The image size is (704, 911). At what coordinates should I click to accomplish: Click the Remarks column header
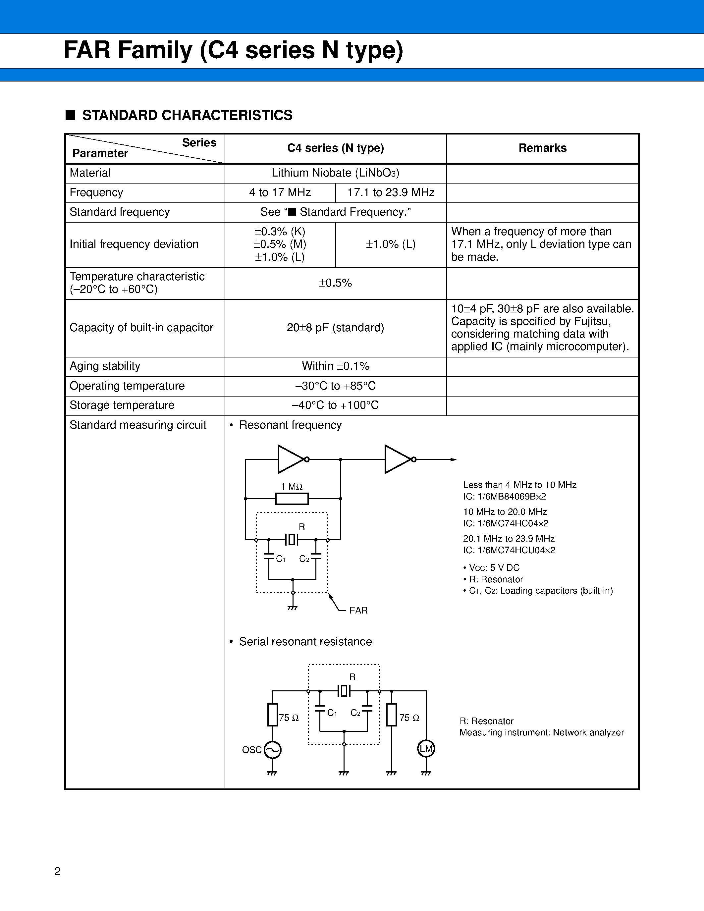click(542, 148)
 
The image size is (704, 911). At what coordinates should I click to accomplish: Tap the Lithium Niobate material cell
click(335, 173)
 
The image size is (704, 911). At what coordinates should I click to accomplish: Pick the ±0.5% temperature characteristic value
click(335, 283)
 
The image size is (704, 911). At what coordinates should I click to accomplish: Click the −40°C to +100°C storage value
click(335, 405)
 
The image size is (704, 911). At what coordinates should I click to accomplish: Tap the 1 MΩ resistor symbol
click(292, 499)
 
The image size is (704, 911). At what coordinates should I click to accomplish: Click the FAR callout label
click(358, 610)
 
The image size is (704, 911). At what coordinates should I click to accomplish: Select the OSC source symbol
click(272, 750)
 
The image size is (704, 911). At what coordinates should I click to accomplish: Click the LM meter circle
click(426, 749)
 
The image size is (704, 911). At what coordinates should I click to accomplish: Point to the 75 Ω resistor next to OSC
click(272, 715)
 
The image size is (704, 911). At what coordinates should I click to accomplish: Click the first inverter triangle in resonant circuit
click(290, 459)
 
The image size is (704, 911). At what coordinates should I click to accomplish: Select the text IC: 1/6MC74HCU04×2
click(509, 550)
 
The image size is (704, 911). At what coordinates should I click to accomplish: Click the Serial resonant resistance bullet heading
click(305, 642)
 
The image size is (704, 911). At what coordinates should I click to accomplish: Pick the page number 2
click(58, 871)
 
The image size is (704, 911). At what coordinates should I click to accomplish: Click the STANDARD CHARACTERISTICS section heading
click(187, 115)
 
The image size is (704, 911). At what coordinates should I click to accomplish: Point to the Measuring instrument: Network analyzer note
click(541, 732)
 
